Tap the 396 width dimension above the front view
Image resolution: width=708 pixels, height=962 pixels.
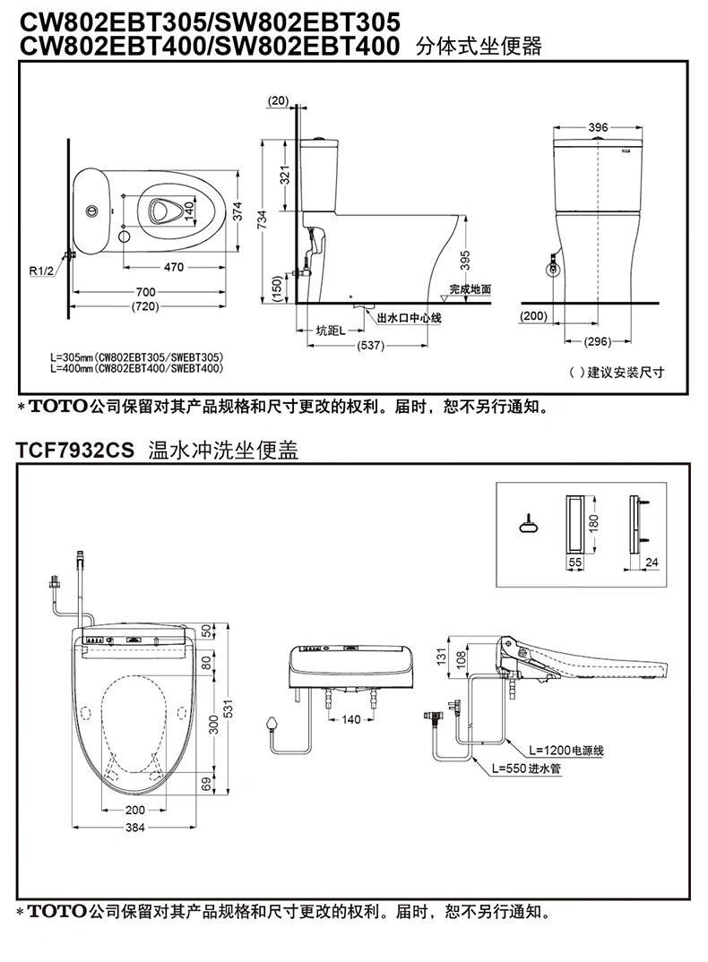click(598, 128)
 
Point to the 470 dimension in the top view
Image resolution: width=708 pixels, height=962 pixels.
click(174, 266)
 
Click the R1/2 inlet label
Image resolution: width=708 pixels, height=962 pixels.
click(41, 269)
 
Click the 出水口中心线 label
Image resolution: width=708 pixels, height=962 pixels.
click(409, 317)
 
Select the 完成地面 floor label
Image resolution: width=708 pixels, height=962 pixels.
click(471, 289)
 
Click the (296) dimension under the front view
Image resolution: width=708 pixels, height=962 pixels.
click(597, 341)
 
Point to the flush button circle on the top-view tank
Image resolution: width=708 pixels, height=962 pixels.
click(91, 211)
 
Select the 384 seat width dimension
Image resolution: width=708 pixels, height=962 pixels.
click(134, 828)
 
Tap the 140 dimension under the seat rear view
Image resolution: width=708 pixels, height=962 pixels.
click(350, 719)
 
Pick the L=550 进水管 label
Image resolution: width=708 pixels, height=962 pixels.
click(527, 768)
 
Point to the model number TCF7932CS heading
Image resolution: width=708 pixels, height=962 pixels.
click(74, 452)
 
